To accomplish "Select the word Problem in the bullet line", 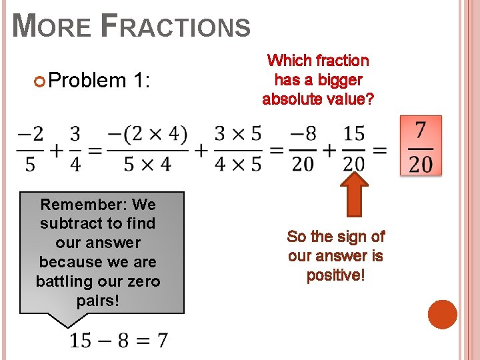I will click(87, 81).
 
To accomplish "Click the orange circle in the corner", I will click(442, 314).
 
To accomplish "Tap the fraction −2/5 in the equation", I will click(31, 149).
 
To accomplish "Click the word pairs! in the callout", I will click(98, 301).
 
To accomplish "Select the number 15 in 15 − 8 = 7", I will click(81, 341).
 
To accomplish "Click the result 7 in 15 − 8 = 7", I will click(162, 341).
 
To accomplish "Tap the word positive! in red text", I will click(336, 275).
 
